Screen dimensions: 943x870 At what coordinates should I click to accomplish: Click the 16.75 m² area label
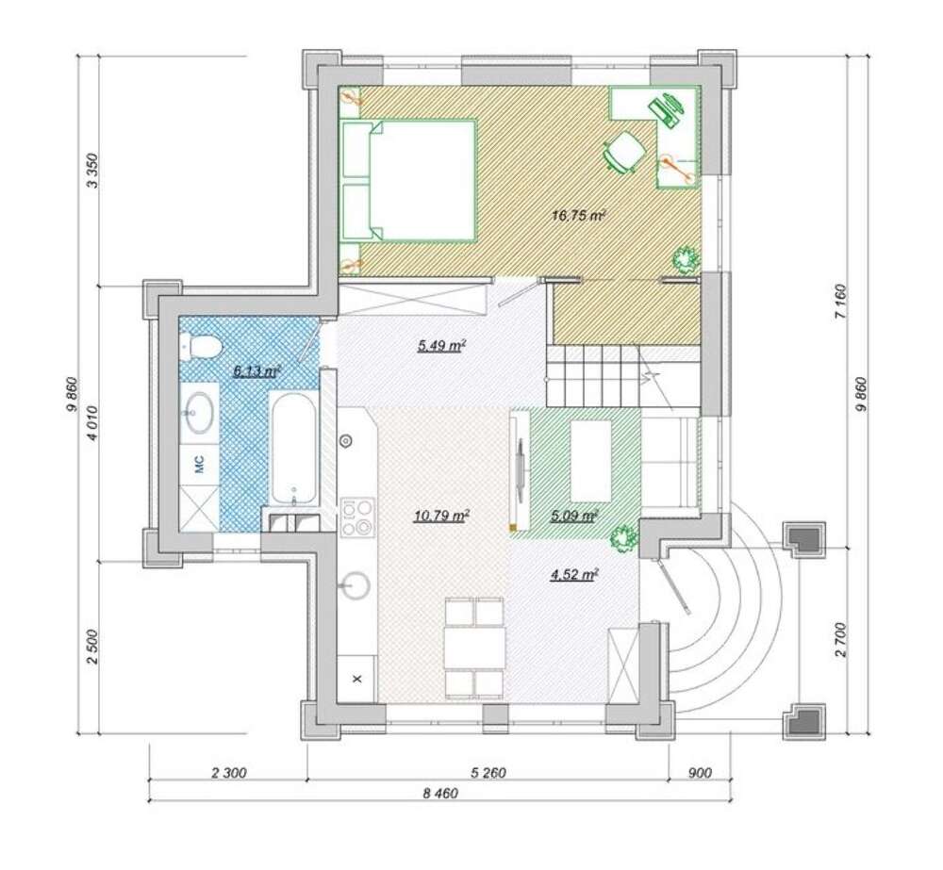coord(578,215)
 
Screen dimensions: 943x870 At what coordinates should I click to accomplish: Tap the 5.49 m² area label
coord(442,346)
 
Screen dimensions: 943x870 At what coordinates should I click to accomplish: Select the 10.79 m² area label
coord(441,516)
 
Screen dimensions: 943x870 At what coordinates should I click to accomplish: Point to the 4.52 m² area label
coord(573,575)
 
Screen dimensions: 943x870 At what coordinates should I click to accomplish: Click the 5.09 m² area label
coord(573,516)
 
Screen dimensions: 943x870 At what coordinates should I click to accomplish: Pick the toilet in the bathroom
coord(200,348)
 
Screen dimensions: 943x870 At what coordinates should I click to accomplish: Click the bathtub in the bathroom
coord(294,449)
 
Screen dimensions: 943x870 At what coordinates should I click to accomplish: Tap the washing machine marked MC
coord(200,463)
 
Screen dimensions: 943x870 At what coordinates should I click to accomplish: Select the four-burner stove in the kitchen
coord(357,517)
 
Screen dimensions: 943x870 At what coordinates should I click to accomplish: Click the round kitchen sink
coord(356,583)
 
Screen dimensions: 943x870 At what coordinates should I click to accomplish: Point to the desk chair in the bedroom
coord(623,151)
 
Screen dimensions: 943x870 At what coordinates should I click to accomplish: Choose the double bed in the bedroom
coord(408,180)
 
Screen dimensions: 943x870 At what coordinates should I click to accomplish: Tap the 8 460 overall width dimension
coord(440,794)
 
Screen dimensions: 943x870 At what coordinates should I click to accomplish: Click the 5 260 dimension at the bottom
coord(488,773)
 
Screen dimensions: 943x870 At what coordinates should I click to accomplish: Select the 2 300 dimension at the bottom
coord(228,773)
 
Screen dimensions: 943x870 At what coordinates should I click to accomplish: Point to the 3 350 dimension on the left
coord(92,171)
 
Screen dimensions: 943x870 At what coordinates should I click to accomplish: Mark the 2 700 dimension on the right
coord(841,641)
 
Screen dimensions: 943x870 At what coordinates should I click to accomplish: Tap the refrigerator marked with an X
coord(357,679)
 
